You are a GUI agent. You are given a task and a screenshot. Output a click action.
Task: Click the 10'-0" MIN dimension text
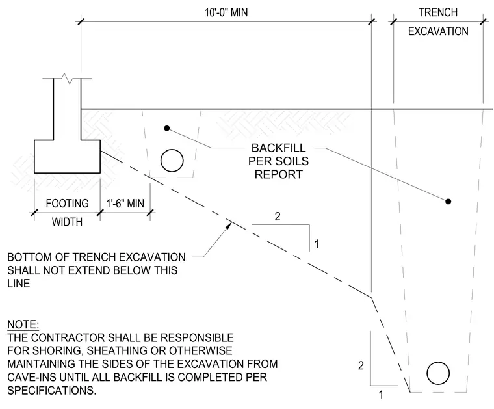click(226, 12)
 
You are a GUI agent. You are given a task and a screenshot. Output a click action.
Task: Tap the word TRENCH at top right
click(438, 12)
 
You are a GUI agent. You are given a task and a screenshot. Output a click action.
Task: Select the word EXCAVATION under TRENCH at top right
click(438, 31)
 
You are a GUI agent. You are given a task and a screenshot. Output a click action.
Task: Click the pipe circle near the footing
click(172, 161)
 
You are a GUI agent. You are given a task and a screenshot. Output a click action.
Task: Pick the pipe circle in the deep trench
click(438, 373)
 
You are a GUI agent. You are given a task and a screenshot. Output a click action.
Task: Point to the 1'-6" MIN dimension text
click(125, 204)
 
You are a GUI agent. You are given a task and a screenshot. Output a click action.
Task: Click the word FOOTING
click(67, 204)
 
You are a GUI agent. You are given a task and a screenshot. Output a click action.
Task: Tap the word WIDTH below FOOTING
click(67, 222)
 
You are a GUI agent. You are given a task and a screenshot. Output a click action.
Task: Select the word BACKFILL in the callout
click(278, 148)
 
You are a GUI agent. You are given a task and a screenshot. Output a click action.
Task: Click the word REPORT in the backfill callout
click(278, 174)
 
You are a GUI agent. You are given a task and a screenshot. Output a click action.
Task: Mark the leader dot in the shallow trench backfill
click(167, 128)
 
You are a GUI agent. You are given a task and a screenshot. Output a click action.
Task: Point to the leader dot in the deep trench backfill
click(448, 202)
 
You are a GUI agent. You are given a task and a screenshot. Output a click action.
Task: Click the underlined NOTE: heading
click(23, 324)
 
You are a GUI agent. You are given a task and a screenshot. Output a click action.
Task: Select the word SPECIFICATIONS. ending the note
click(51, 390)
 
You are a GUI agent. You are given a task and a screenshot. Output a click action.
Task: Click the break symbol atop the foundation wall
click(67, 78)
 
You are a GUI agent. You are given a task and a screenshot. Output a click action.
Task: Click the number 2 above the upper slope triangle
click(278, 217)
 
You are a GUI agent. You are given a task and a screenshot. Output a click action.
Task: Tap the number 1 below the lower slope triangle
click(381, 395)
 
